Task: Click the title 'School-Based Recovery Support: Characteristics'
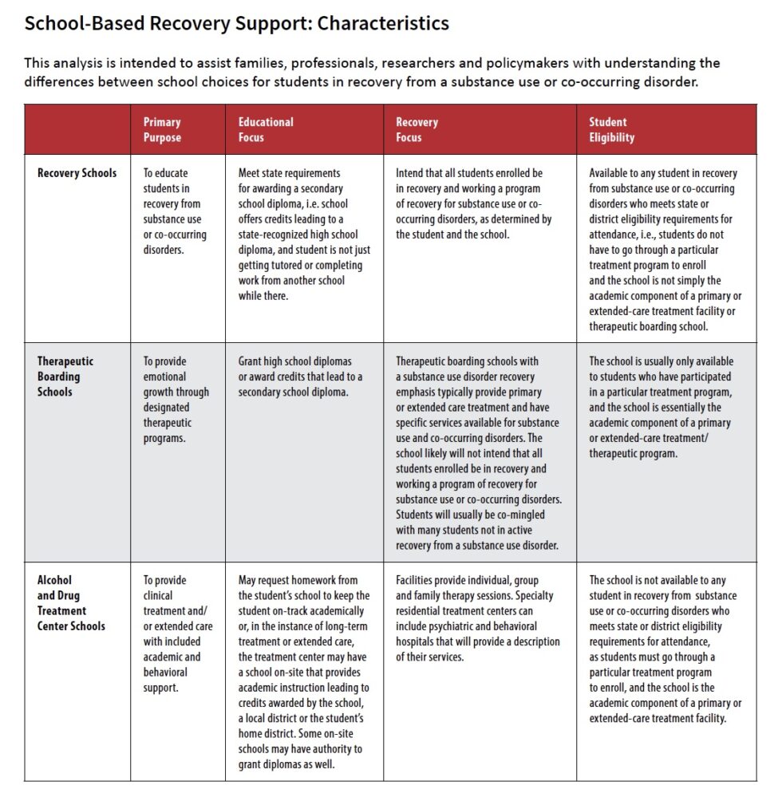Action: point(236,23)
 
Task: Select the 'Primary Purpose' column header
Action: point(163,129)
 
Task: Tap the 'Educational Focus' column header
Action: point(266,129)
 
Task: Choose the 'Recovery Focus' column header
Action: point(417,129)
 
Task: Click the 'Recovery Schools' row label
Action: point(77,173)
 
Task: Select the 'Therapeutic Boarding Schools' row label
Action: point(65,377)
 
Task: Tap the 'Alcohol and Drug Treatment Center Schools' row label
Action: point(71,602)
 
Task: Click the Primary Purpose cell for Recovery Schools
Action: point(175,211)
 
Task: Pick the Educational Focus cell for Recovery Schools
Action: point(303,234)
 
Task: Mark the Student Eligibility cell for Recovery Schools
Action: point(664,249)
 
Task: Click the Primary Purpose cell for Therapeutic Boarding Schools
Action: point(176,400)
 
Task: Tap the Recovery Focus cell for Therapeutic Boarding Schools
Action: point(479,453)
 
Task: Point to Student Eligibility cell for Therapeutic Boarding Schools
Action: point(662,407)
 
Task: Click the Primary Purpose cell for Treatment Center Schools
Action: point(177,633)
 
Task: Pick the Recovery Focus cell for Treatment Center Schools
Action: point(478,618)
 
